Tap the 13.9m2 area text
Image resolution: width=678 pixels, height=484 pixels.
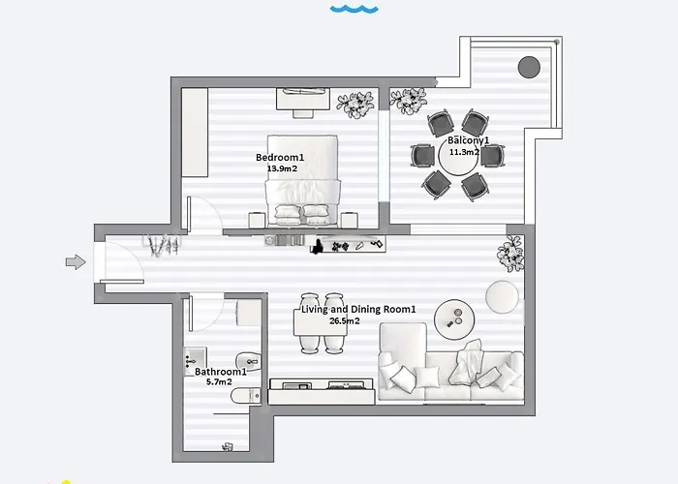pos(282,168)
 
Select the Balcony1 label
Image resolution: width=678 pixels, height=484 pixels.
pos(468,141)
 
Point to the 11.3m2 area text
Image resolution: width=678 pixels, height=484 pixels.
pos(468,152)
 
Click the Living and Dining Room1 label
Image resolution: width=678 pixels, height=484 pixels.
pos(359,310)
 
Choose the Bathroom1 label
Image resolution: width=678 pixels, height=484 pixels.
pos(221,372)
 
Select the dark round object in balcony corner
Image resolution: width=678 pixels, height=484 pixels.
pos(529,67)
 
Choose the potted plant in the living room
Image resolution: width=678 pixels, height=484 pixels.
pos(510,254)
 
